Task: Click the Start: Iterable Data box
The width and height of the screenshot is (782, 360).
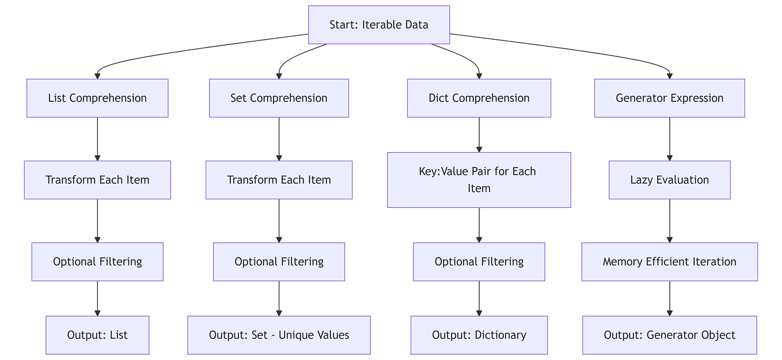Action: (x=379, y=25)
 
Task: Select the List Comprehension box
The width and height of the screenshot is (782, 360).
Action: (x=97, y=98)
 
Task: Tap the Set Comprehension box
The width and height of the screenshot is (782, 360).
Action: (x=279, y=98)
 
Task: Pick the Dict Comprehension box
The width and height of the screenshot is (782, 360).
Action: (x=479, y=98)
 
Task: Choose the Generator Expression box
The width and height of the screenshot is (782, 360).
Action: (x=669, y=98)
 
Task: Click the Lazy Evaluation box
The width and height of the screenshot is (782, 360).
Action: (x=669, y=180)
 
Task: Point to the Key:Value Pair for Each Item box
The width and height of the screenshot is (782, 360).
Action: (x=479, y=180)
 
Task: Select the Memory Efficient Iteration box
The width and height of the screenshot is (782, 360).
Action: (x=669, y=262)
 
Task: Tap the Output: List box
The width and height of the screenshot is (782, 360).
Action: (x=97, y=335)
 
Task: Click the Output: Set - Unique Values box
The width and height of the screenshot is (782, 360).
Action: (x=279, y=335)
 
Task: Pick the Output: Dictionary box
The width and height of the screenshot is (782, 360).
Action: (x=479, y=335)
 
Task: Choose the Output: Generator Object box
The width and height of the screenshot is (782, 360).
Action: (x=669, y=335)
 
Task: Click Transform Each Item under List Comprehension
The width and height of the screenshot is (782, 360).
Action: (x=97, y=180)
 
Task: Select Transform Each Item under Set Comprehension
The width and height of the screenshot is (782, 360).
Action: (x=279, y=180)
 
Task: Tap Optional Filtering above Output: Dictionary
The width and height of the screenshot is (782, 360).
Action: (x=479, y=262)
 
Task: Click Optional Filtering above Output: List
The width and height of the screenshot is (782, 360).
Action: (x=97, y=262)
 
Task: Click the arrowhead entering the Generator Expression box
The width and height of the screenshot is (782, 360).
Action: (x=669, y=75)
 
